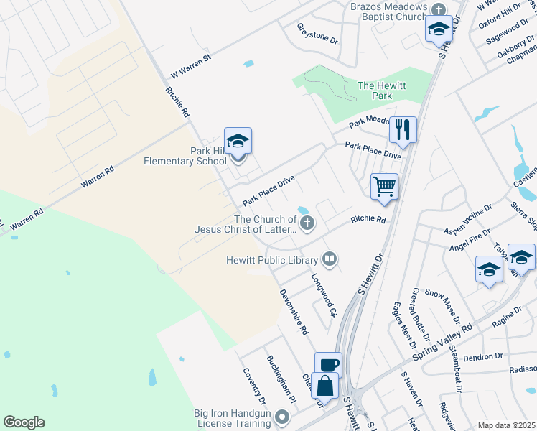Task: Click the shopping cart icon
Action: (x=385, y=186)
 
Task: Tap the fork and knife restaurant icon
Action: (x=403, y=130)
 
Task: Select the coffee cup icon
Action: (x=328, y=364)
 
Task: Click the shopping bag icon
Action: (x=324, y=384)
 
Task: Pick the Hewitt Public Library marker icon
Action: (x=330, y=258)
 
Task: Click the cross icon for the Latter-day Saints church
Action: (x=307, y=223)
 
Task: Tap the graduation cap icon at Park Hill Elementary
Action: (x=238, y=140)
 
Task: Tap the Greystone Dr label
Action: (x=317, y=33)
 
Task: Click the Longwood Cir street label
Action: (x=324, y=295)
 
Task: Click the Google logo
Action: (x=24, y=422)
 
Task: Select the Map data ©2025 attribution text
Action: (x=506, y=425)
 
